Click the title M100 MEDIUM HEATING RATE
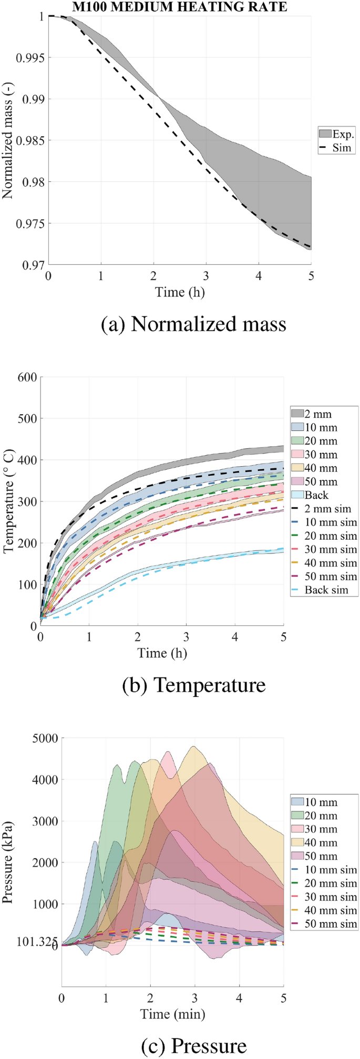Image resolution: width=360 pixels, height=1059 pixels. point(180,6)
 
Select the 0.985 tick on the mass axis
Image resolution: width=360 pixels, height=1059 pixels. point(30,140)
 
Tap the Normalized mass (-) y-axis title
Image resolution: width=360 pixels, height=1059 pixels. point(7,141)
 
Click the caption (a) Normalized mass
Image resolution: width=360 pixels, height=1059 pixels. point(193,324)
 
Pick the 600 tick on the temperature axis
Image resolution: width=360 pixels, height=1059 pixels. point(27,377)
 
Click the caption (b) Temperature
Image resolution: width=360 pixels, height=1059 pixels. point(193,685)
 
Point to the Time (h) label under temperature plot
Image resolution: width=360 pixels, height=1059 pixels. point(162,653)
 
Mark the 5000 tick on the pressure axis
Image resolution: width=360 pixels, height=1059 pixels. point(45,738)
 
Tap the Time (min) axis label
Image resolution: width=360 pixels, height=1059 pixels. point(172,1014)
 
